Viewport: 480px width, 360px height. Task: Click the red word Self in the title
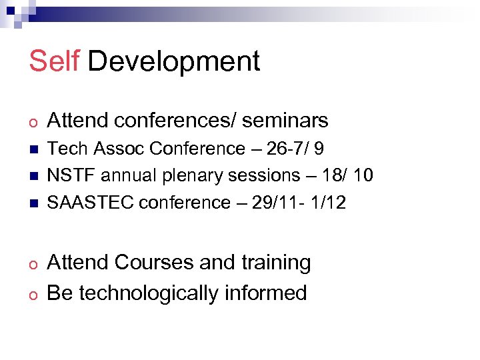coord(53,61)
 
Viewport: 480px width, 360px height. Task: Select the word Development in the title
coord(173,61)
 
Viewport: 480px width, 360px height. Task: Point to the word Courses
coord(154,263)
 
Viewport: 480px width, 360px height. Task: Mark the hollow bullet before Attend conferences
coord(33,121)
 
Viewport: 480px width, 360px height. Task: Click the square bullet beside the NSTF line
coord(33,176)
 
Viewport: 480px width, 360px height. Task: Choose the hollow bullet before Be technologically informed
coord(33,294)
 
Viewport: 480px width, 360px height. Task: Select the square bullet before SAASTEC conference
coord(33,203)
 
